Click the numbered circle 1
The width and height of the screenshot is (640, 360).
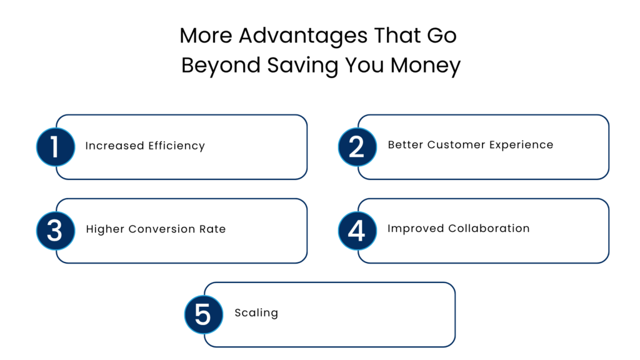pyautogui.click(x=55, y=146)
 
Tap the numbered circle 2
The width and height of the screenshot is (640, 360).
pyautogui.click(x=357, y=146)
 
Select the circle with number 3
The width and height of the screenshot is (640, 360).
pyautogui.click(x=55, y=231)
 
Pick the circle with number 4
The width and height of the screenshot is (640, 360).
pyautogui.click(x=357, y=231)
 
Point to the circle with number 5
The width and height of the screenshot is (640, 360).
pyautogui.click(x=203, y=314)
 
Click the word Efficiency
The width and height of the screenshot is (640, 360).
pyautogui.click(x=176, y=146)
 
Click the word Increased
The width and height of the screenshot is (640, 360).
pyautogui.click(x=114, y=146)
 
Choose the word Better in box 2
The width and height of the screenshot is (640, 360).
pyautogui.click(x=405, y=145)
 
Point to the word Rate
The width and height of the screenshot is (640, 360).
pyautogui.click(x=213, y=229)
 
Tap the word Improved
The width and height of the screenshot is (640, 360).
pyautogui.click(x=415, y=229)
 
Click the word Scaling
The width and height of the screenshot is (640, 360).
pyautogui.click(x=256, y=313)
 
